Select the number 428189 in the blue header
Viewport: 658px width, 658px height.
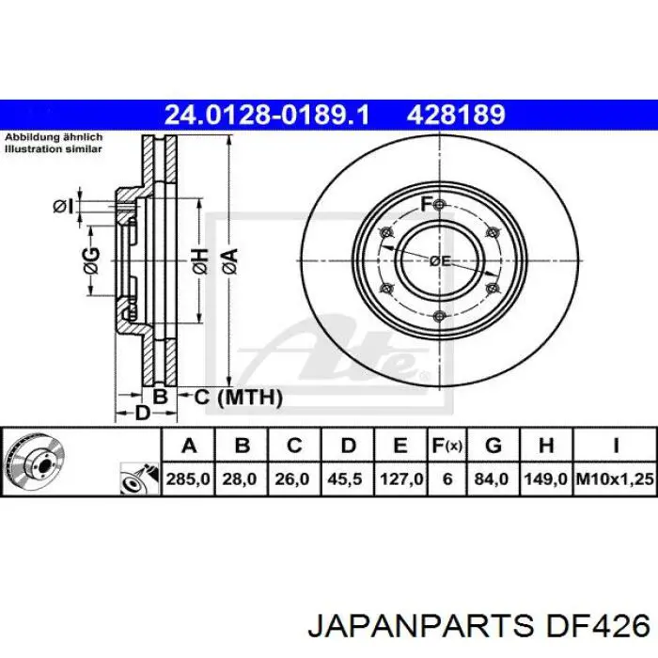[456, 115]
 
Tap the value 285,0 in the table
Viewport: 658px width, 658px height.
[189, 478]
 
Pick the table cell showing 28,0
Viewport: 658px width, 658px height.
[241, 478]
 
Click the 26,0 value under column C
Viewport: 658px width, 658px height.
[292, 478]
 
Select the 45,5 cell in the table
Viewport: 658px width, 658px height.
[347, 478]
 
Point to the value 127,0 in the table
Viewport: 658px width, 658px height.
[400, 478]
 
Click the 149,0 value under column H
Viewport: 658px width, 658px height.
[548, 478]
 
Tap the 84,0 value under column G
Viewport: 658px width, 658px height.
[493, 478]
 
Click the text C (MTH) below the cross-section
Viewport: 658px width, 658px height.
[237, 398]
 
